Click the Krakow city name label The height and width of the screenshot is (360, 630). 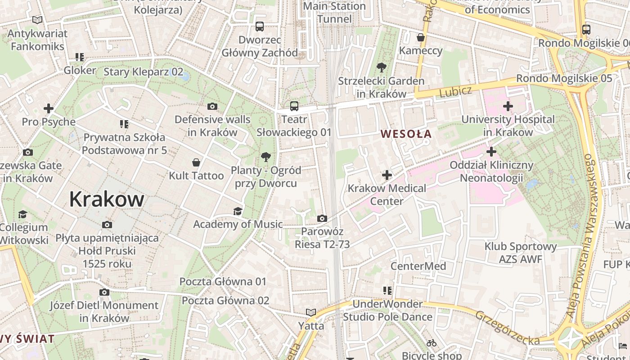coord(107,199)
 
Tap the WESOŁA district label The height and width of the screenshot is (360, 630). coord(406,134)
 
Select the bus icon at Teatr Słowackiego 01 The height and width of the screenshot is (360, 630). coord(294,106)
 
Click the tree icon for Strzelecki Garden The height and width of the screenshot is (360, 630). coord(382,68)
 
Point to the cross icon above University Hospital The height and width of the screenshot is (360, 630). coord(508,106)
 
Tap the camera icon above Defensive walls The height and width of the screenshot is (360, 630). coord(212,106)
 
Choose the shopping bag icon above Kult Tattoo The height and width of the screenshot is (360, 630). coord(196,162)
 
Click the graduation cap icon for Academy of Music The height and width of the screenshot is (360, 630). coord(238,211)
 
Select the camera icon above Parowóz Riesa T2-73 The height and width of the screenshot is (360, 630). coord(322,219)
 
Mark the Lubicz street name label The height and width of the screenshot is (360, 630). coord(455,91)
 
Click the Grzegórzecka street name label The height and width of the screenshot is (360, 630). coord(507,328)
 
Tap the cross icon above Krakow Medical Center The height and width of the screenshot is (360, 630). coord(387,175)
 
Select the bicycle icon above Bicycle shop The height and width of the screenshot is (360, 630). coord(432,343)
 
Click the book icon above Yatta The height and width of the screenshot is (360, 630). coord(311,312)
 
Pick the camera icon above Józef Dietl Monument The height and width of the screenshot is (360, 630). coord(104,292)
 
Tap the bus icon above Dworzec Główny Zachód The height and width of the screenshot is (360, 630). coord(260,26)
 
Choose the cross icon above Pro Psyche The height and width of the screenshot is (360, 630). coord(49,108)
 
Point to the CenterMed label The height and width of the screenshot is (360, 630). coord(418,266)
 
